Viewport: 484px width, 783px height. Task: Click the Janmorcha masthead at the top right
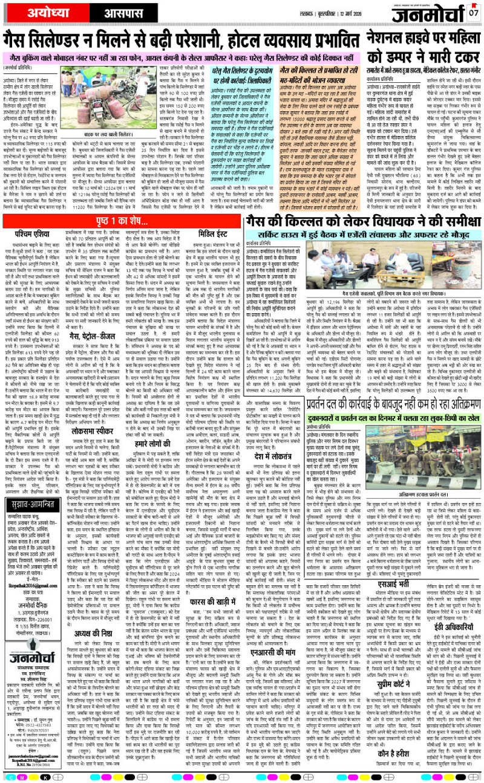[x=431, y=11]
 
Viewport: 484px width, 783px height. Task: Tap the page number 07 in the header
[x=474, y=13]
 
